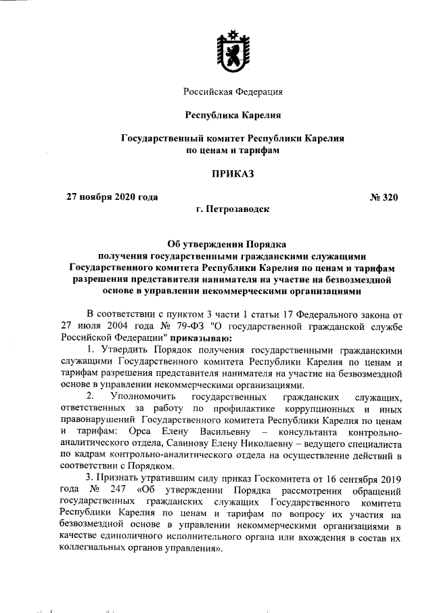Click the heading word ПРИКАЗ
232,174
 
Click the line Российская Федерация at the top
233,91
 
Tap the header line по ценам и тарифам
232,151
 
